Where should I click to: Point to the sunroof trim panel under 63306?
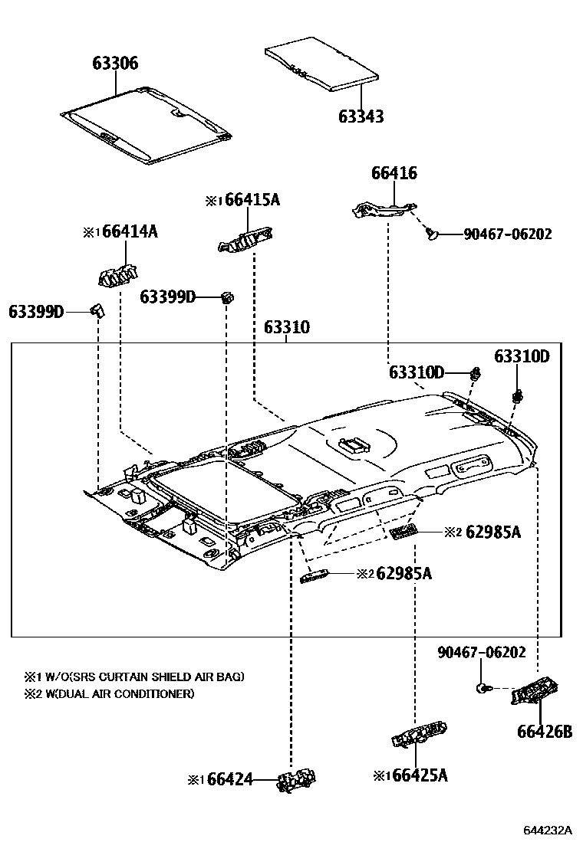pyautogui.click(x=146, y=124)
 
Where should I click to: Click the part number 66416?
pyautogui.click(x=394, y=173)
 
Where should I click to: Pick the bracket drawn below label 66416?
pyautogui.click(x=384, y=208)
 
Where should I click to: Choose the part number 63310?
pyautogui.click(x=287, y=328)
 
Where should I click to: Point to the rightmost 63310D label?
pyautogui.click(x=522, y=356)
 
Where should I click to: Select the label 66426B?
pyautogui.click(x=544, y=732)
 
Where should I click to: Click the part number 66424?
pyautogui.click(x=231, y=779)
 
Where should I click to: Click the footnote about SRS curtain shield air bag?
pyautogui.click(x=134, y=677)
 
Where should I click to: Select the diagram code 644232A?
pyautogui.click(x=548, y=831)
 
